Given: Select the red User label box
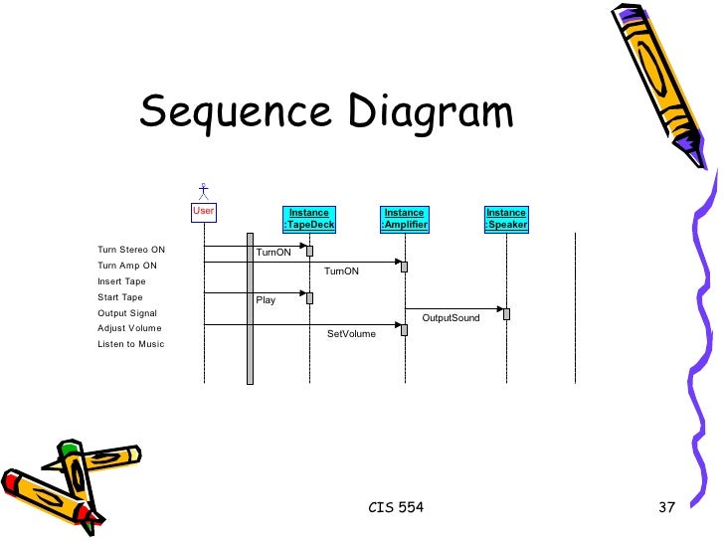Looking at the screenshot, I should (x=203, y=211).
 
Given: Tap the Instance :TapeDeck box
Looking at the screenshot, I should (x=309, y=219).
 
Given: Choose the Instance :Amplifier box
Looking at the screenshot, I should (x=405, y=219).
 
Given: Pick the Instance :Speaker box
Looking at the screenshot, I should (x=506, y=219).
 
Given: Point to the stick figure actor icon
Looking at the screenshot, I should (x=203, y=190).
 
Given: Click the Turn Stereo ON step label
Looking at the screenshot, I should (x=131, y=250).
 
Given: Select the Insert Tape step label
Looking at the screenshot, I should (x=121, y=281).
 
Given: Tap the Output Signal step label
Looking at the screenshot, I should (x=126, y=313).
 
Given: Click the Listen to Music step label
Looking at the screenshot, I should (x=130, y=344).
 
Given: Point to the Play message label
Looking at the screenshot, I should (x=266, y=299).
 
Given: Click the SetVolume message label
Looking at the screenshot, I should (x=351, y=334).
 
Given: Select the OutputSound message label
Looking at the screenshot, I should (x=451, y=318).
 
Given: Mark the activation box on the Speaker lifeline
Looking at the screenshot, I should (x=506, y=314).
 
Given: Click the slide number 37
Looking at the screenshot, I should (x=666, y=508).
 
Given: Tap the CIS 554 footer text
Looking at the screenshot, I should (x=396, y=508).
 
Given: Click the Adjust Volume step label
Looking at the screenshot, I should (x=129, y=328).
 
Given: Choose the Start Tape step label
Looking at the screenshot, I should (x=120, y=297).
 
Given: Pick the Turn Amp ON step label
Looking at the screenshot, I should (x=127, y=266).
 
